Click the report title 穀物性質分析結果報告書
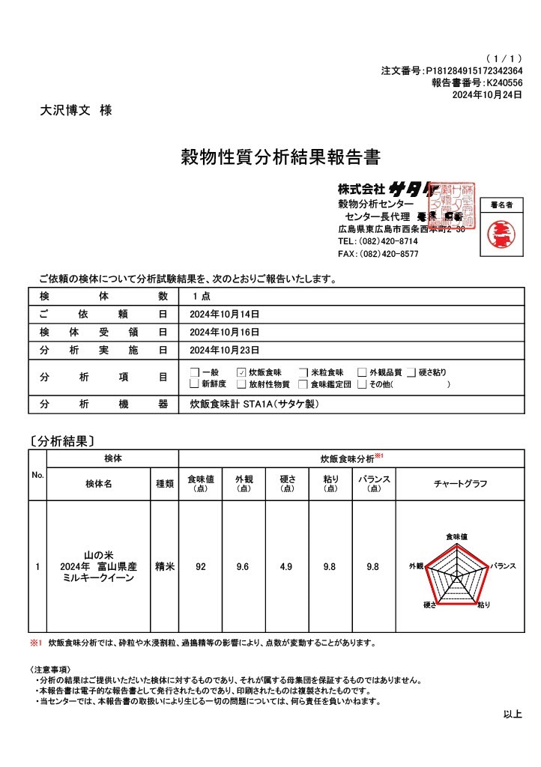(x=281, y=158)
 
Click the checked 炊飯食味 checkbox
(x=241, y=372)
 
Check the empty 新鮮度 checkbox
(x=194, y=385)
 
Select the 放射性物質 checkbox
(x=241, y=385)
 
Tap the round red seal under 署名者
(x=501, y=230)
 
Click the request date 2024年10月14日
(x=225, y=314)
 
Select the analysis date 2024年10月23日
(x=225, y=350)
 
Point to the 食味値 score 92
(x=200, y=567)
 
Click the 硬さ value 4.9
(x=285, y=567)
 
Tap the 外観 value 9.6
(x=243, y=567)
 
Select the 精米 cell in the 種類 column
(x=165, y=567)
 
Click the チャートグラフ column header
(x=460, y=484)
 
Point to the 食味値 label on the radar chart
(x=456, y=537)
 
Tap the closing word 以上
(x=512, y=715)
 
